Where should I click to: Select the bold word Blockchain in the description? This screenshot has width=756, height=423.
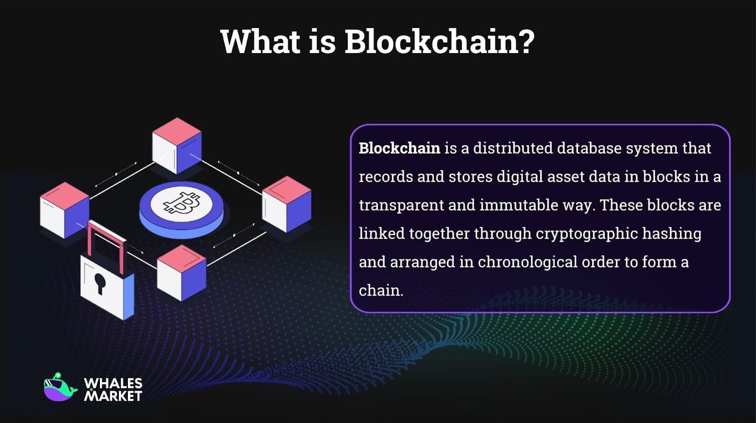(x=399, y=148)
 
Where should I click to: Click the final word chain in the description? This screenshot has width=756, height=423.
(x=380, y=290)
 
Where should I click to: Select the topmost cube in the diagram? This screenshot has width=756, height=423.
(x=177, y=145)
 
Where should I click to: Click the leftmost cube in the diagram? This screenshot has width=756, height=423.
(x=64, y=210)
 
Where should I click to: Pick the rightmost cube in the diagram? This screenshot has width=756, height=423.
(x=287, y=204)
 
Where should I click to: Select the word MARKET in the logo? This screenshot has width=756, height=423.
(x=113, y=395)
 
